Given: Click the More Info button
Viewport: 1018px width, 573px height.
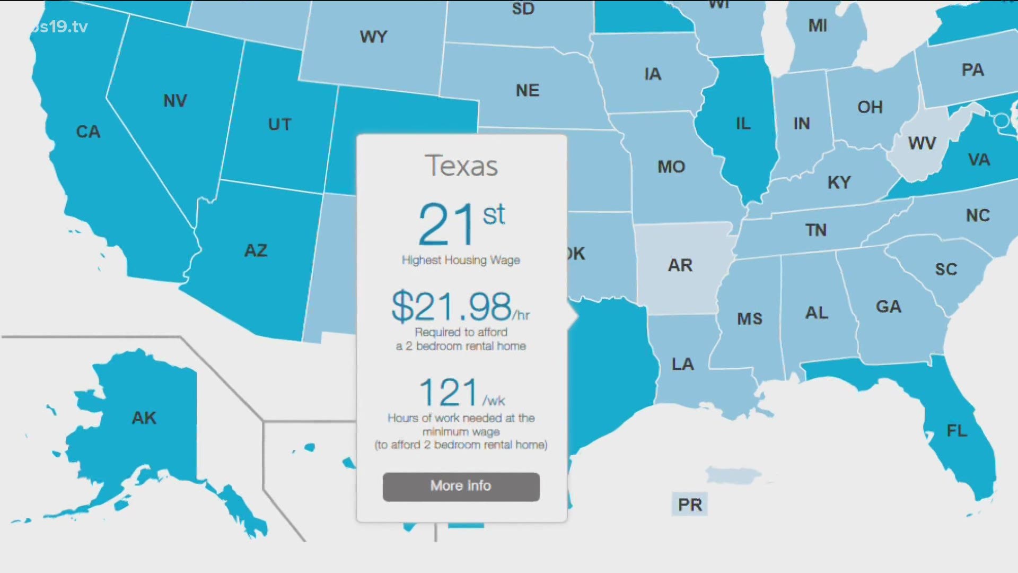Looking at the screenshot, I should tap(461, 487).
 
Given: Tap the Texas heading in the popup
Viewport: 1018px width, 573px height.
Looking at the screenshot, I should tap(461, 166).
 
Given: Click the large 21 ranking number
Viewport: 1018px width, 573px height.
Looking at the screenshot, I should tap(446, 224).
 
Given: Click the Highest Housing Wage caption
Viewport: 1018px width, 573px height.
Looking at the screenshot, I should tap(461, 260).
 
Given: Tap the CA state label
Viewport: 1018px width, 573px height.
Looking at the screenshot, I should tap(88, 132).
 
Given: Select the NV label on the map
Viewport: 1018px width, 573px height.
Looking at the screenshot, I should tap(175, 101).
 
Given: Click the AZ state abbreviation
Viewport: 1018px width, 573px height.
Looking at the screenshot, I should tap(256, 250).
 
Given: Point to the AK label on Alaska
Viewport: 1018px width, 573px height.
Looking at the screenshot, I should tap(144, 418).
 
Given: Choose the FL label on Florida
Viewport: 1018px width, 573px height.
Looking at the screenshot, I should tap(957, 430).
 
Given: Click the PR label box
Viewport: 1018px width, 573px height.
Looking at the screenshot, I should tap(690, 505).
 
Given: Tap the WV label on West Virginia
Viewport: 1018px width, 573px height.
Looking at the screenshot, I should tap(922, 143).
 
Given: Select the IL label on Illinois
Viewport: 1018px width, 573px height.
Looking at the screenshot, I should tap(743, 124).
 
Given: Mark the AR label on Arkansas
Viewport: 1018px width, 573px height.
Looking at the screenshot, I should tap(680, 265).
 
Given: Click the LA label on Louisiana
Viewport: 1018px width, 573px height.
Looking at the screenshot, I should tap(682, 364).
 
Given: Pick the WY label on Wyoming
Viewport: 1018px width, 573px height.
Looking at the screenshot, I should tap(374, 37).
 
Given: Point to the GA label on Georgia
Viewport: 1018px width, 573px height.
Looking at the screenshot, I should tap(889, 307).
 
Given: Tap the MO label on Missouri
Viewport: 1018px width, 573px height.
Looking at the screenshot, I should tap(671, 167).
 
